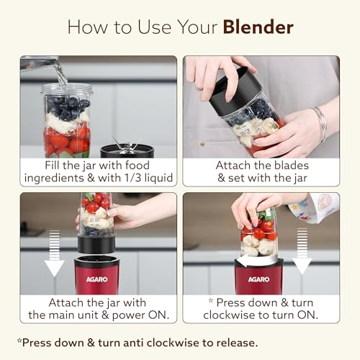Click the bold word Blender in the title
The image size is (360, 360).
tap(258, 27)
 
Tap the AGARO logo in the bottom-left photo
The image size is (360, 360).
tap(96, 279)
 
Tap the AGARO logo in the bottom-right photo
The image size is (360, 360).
tap(258, 279)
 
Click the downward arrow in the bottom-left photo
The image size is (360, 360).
tap(54, 253)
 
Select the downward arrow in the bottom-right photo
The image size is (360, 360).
tap(302, 251)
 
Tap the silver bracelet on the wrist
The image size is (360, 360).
tap(320, 124)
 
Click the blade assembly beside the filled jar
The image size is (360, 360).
tap(127, 149)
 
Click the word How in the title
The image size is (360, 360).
tap(87, 27)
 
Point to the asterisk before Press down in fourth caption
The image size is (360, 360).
tap(211, 300)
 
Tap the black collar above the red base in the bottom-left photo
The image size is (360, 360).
tap(96, 245)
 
